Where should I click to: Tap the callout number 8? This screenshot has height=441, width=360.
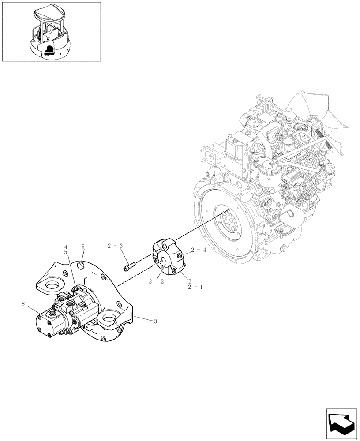click(22, 303)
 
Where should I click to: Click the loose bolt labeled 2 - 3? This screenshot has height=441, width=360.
click(130, 266)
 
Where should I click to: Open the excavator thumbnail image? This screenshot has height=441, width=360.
click(51, 31)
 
